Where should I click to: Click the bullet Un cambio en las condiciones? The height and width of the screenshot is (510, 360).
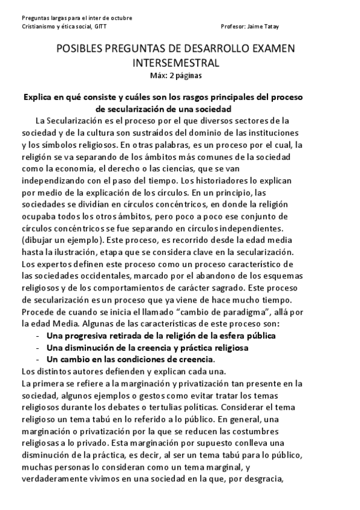pyautogui.click(x=130, y=359)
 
